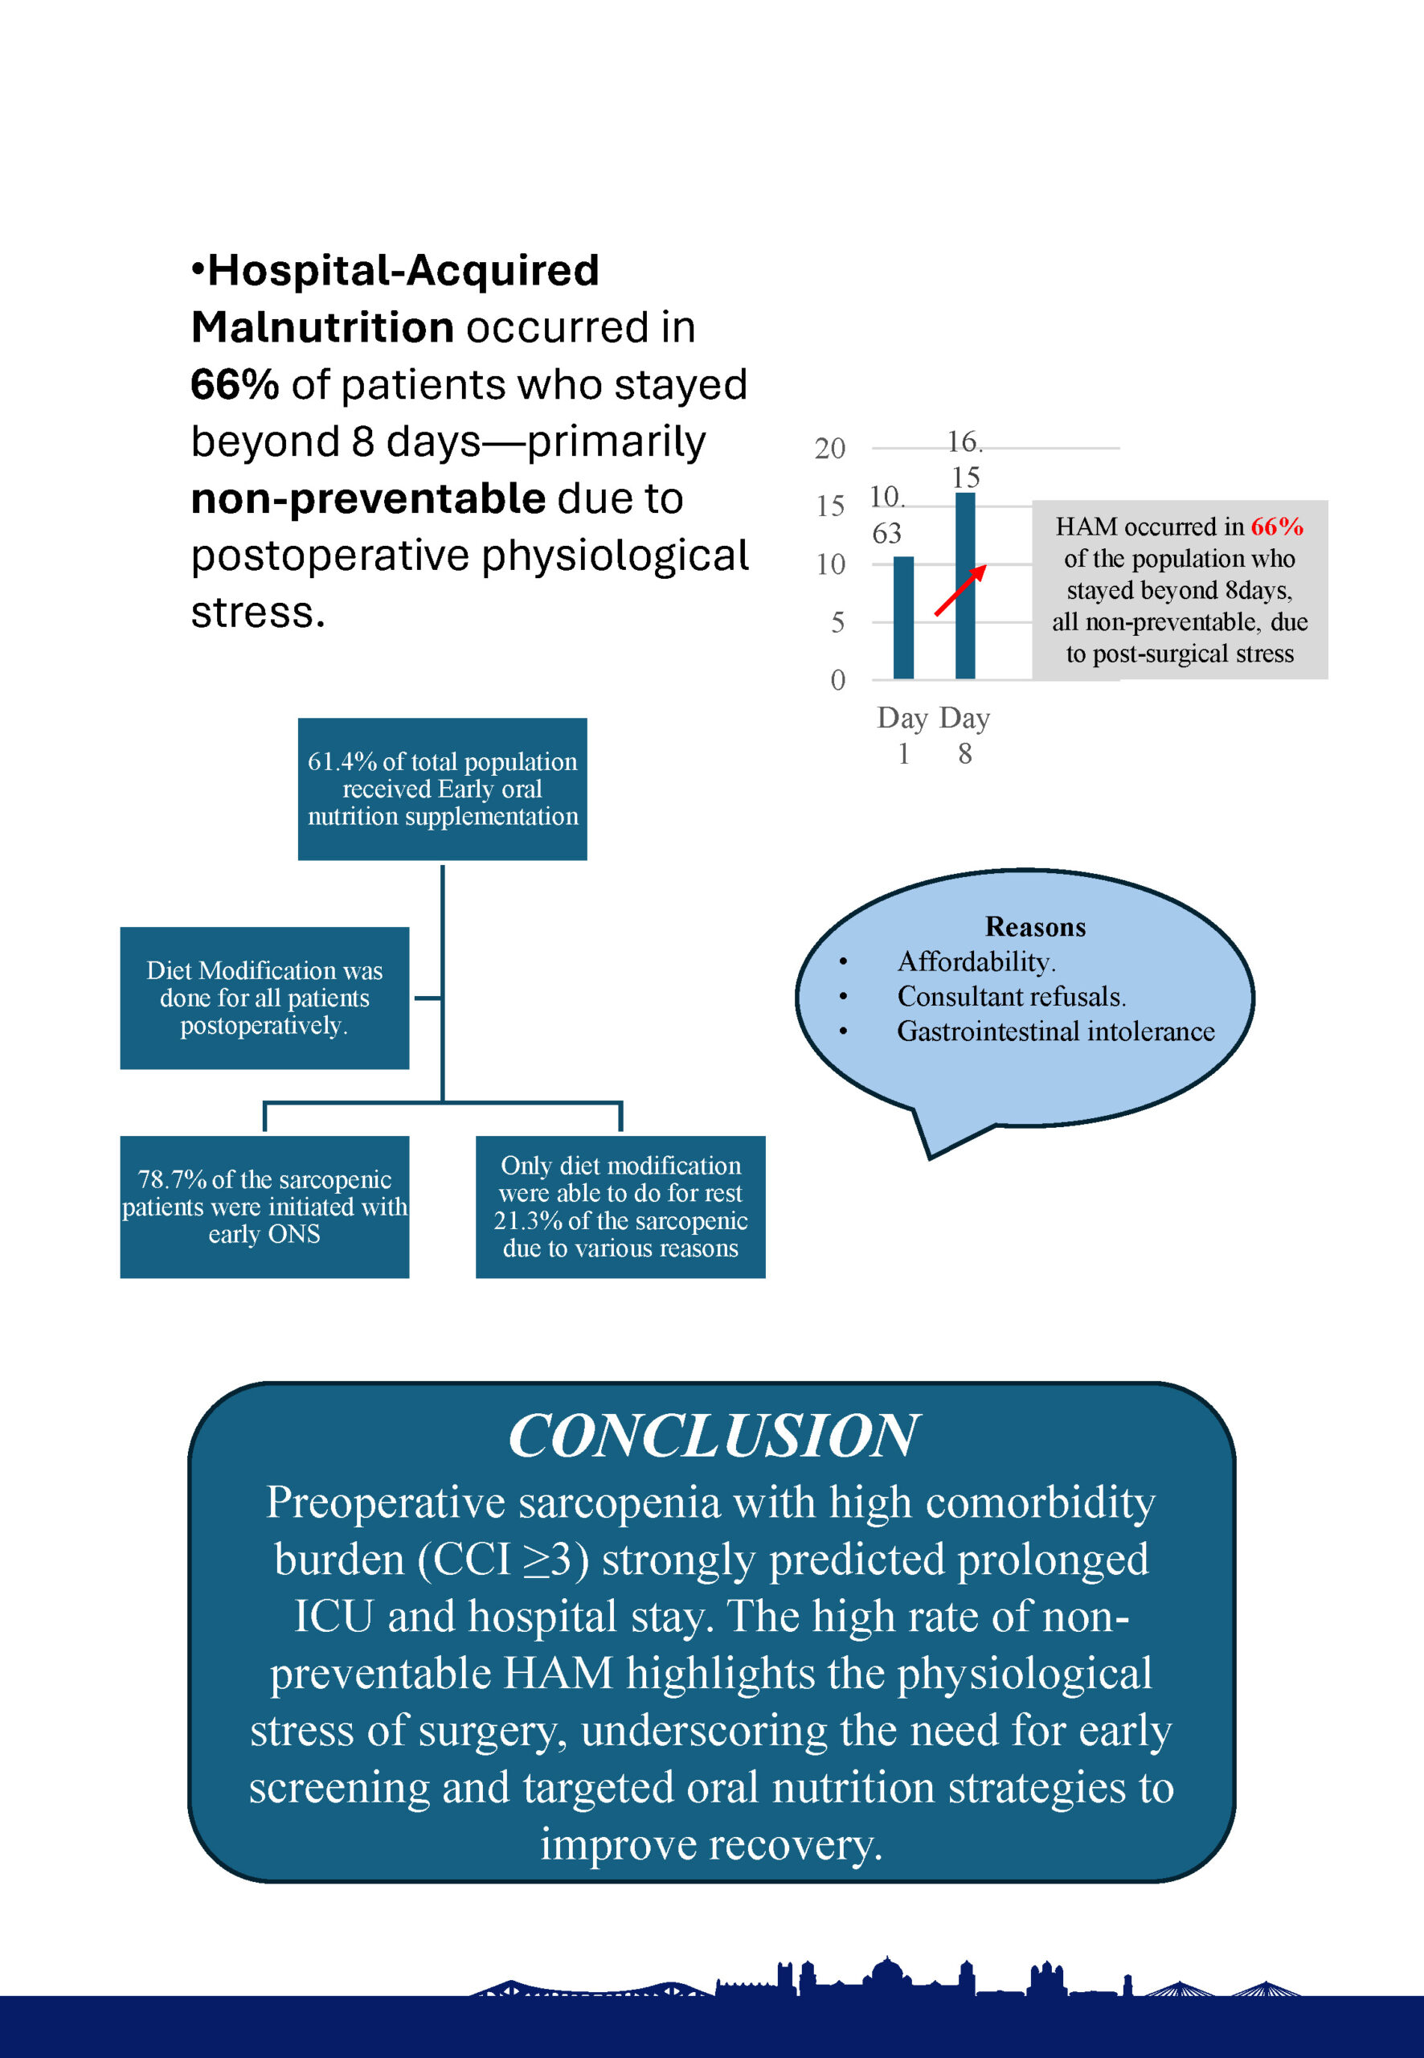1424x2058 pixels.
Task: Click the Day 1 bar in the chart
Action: coord(903,617)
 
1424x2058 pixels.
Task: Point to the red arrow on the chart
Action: coord(960,590)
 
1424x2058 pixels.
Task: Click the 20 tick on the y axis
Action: coord(830,448)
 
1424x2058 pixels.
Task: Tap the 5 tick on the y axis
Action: coord(837,622)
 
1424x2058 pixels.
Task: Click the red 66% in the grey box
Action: coord(1276,527)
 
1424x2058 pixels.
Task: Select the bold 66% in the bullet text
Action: coord(235,384)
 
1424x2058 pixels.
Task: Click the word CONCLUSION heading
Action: coord(712,1436)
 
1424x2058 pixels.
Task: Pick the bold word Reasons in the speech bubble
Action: coord(1035,926)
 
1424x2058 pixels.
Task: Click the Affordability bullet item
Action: coord(976,961)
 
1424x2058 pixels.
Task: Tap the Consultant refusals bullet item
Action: coord(1011,996)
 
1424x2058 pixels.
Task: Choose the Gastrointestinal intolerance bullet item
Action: coord(1055,1031)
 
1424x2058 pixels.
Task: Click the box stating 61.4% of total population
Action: coord(443,789)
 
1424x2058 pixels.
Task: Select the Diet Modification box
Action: coord(265,998)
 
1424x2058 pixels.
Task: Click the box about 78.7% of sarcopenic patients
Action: coord(265,1207)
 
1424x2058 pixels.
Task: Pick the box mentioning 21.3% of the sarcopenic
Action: coord(620,1207)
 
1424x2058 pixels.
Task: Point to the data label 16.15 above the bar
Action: coord(964,459)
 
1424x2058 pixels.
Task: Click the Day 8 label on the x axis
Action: coord(964,736)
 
